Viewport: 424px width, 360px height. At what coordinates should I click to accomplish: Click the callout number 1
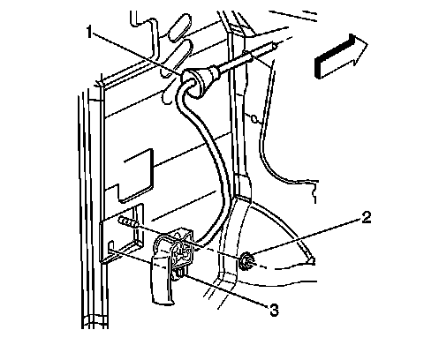point(89,32)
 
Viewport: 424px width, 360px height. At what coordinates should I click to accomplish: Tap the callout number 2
point(366,218)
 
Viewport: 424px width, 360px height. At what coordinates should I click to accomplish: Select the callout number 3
point(274,310)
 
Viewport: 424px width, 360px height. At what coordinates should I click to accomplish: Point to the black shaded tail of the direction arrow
point(334,57)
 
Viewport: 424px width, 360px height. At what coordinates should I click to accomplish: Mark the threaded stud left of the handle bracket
point(129,221)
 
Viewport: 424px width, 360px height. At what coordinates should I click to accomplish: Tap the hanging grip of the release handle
point(163,280)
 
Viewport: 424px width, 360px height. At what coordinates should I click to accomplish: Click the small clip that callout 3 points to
point(180,273)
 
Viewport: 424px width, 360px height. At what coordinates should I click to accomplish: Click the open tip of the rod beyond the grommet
point(275,46)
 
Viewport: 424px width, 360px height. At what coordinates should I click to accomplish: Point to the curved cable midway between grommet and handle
point(215,165)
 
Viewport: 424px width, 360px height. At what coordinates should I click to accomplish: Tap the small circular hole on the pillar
point(254,119)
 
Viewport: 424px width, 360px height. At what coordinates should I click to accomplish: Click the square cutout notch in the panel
point(136,176)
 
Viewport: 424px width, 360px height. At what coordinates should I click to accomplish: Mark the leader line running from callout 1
point(136,53)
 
